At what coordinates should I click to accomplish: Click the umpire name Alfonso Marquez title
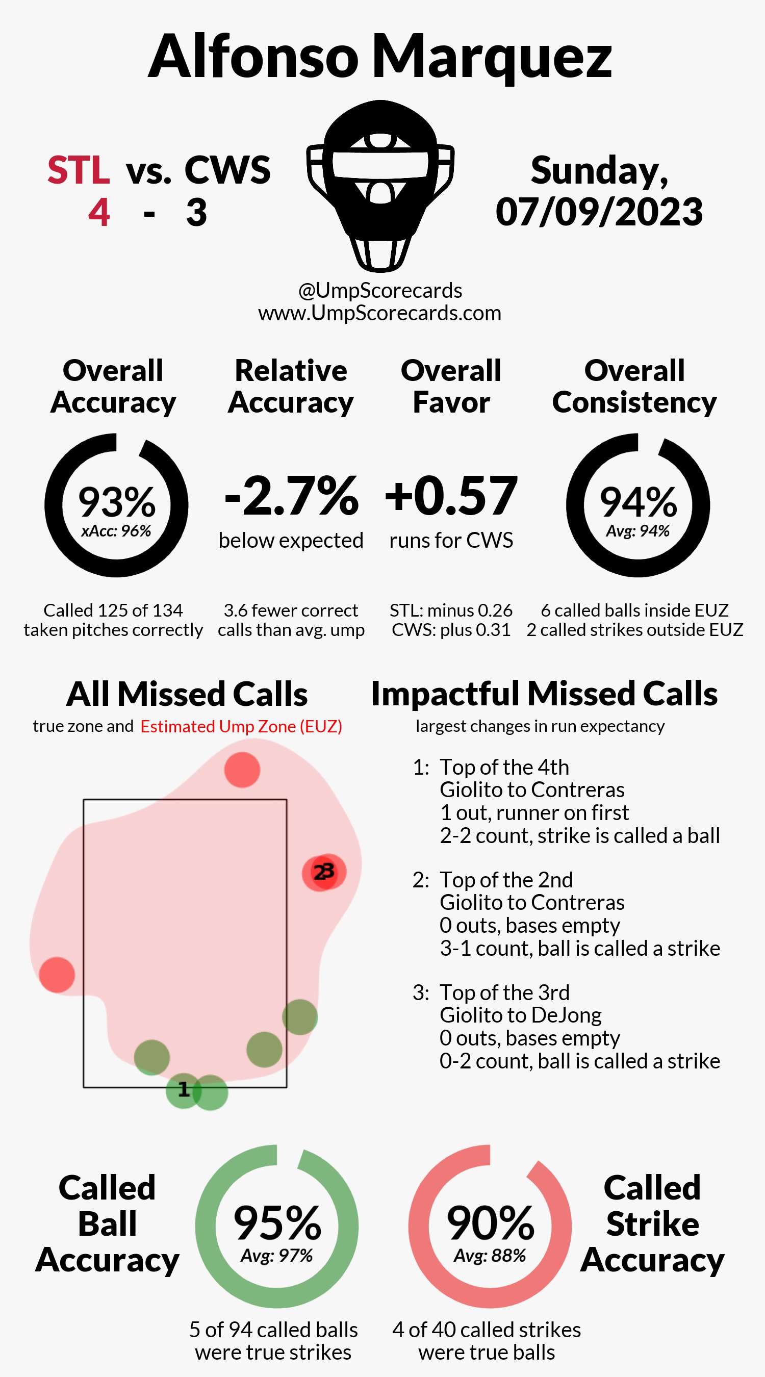(x=379, y=57)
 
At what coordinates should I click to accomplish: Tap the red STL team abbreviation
(x=79, y=170)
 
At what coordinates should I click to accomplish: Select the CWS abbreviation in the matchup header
(x=227, y=170)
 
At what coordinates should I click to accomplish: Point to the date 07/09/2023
(x=599, y=212)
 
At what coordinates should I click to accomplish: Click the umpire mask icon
(x=380, y=185)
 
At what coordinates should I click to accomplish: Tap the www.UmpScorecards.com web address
(x=379, y=313)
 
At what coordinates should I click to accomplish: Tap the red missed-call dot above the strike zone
(x=242, y=770)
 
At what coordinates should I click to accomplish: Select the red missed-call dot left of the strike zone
(x=57, y=975)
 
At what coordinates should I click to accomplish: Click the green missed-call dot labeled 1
(x=184, y=1090)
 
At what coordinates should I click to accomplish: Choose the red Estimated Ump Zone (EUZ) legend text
(x=241, y=726)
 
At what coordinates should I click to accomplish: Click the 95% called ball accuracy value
(x=277, y=1223)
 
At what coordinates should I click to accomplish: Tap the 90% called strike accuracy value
(x=490, y=1223)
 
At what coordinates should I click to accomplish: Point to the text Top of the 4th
(x=504, y=767)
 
